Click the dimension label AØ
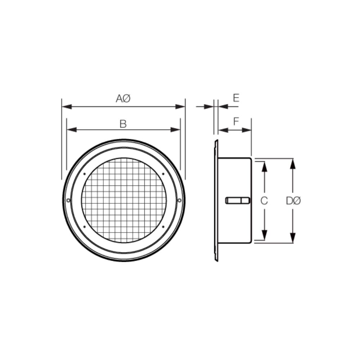[x=123, y=99]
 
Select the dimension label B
[x=123, y=124]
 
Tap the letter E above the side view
[x=236, y=98]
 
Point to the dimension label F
[x=236, y=122]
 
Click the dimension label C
[x=264, y=201]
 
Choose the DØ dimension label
[x=293, y=201]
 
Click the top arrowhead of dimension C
[x=264, y=166]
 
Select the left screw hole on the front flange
[x=68, y=200]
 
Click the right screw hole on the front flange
[x=179, y=200]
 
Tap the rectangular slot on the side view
[x=237, y=201]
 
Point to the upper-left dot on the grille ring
[x=84, y=174]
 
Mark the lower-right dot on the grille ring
[x=163, y=226]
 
